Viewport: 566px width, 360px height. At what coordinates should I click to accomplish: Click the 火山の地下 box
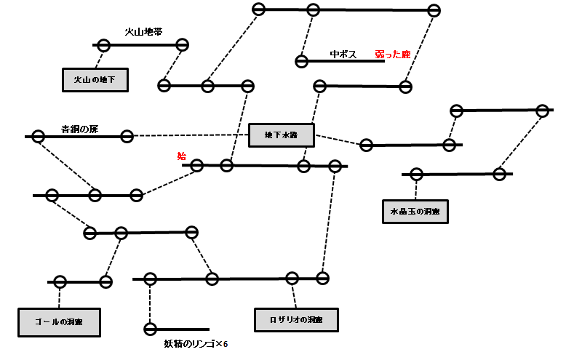(x=95, y=80)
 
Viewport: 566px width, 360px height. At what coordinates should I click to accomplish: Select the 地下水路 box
(x=281, y=135)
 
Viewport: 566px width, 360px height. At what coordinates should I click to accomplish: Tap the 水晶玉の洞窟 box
(x=415, y=212)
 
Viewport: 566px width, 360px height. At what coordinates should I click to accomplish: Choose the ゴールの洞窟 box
(x=59, y=321)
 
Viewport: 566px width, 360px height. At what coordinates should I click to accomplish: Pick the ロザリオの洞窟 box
(x=296, y=320)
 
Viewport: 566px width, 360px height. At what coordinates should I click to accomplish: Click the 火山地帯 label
(x=143, y=33)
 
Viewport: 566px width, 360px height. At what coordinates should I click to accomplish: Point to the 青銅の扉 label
(x=79, y=129)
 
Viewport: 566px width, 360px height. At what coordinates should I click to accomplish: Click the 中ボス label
(x=342, y=54)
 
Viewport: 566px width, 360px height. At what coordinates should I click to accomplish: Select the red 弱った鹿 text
(x=393, y=54)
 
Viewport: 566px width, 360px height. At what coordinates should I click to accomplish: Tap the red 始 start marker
(x=182, y=156)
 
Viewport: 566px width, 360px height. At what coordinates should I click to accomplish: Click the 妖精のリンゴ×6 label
(x=196, y=344)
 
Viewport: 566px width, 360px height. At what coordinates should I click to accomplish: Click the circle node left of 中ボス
(x=301, y=62)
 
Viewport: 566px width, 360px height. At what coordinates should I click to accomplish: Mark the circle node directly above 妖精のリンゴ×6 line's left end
(x=151, y=279)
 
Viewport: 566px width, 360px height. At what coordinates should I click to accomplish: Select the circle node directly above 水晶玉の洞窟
(x=416, y=175)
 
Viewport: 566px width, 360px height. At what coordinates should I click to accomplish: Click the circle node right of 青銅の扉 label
(x=127, y=136)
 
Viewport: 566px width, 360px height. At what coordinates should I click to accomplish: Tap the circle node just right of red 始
(x=197, y=166)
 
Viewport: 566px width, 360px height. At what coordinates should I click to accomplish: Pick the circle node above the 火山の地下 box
(x=103, y=46)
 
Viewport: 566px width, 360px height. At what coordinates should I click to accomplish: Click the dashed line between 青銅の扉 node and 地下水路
(x=189, y=135)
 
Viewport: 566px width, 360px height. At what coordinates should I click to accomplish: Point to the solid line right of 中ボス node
(x=346, y=62)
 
